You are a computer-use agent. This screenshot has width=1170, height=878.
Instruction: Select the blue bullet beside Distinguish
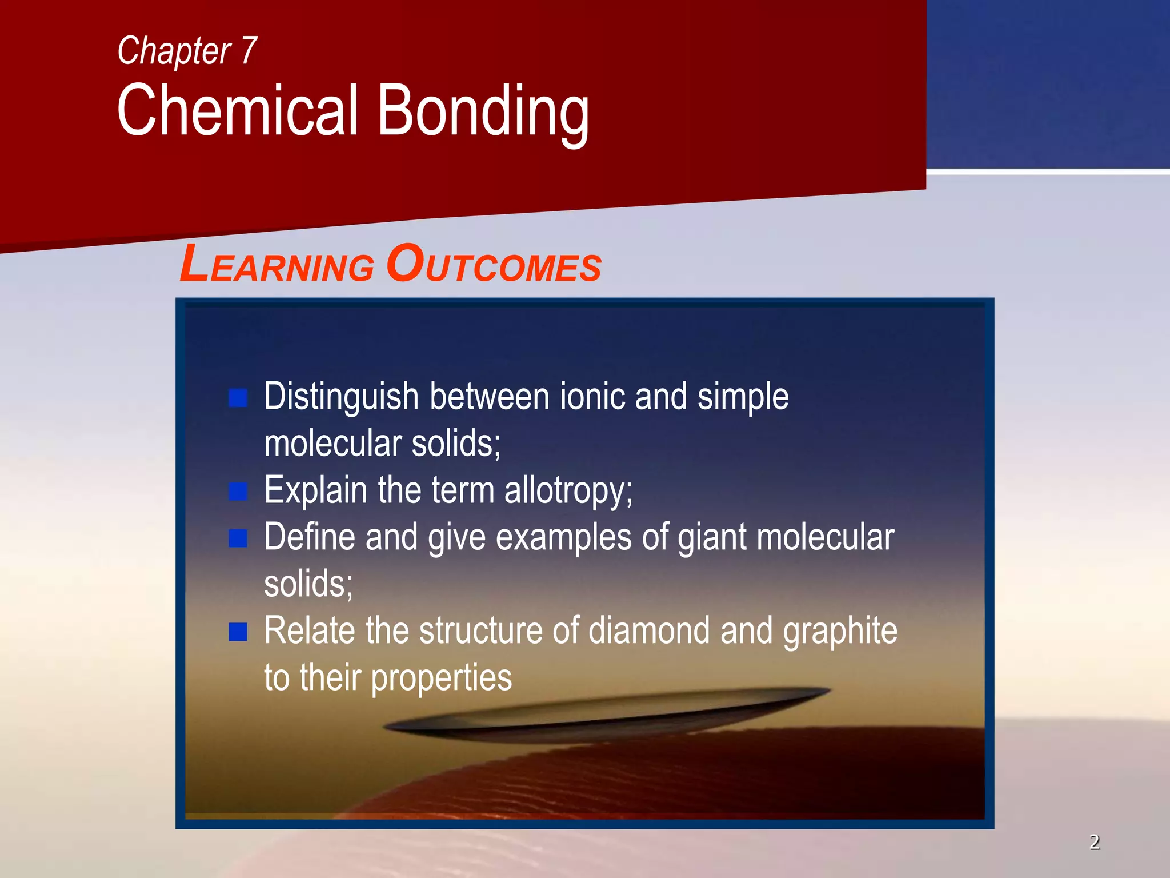pyautogui.click(x=238, y=398)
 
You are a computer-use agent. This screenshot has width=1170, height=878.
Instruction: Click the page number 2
pyautogui.click(x=1094, y=842)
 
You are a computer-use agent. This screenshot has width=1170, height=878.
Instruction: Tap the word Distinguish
pyautogui.click(x=341, y=398)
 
